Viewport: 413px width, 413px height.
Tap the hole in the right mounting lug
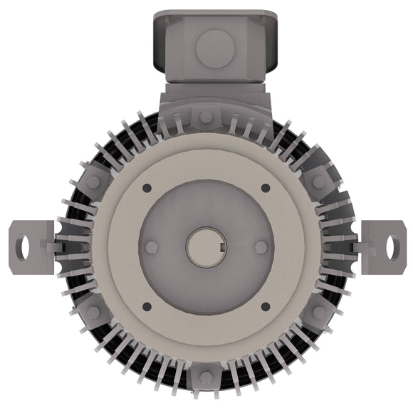tap(392, 246)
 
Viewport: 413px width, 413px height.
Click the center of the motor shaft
tap(207, 247)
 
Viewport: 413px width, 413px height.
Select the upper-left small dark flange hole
tap(147, 188)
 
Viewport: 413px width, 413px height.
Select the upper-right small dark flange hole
tap(266, 188)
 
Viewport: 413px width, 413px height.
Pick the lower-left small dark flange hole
tap(147, 307)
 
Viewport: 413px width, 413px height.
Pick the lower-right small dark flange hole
tap(266, 307)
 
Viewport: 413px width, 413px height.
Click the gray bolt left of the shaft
tap(151, 247)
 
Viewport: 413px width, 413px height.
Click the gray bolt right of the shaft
tap(261, 247)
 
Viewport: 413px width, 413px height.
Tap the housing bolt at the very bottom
tap(206, 377)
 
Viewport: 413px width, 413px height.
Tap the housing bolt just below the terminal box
tap(206, 116)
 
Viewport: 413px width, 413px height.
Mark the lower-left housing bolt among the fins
tap(93, 312)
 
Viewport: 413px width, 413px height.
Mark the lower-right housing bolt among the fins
tap(319, 312)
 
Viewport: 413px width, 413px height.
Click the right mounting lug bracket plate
tap(383, 246)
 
